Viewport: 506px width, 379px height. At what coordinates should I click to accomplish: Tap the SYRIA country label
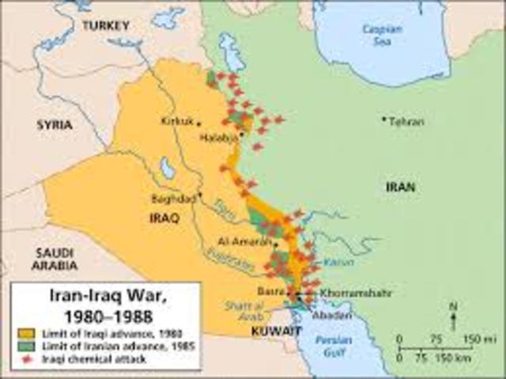[54, 125]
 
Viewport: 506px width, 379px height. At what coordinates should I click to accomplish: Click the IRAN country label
[399, 188]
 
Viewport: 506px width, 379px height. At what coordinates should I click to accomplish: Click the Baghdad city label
[176, 199]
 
